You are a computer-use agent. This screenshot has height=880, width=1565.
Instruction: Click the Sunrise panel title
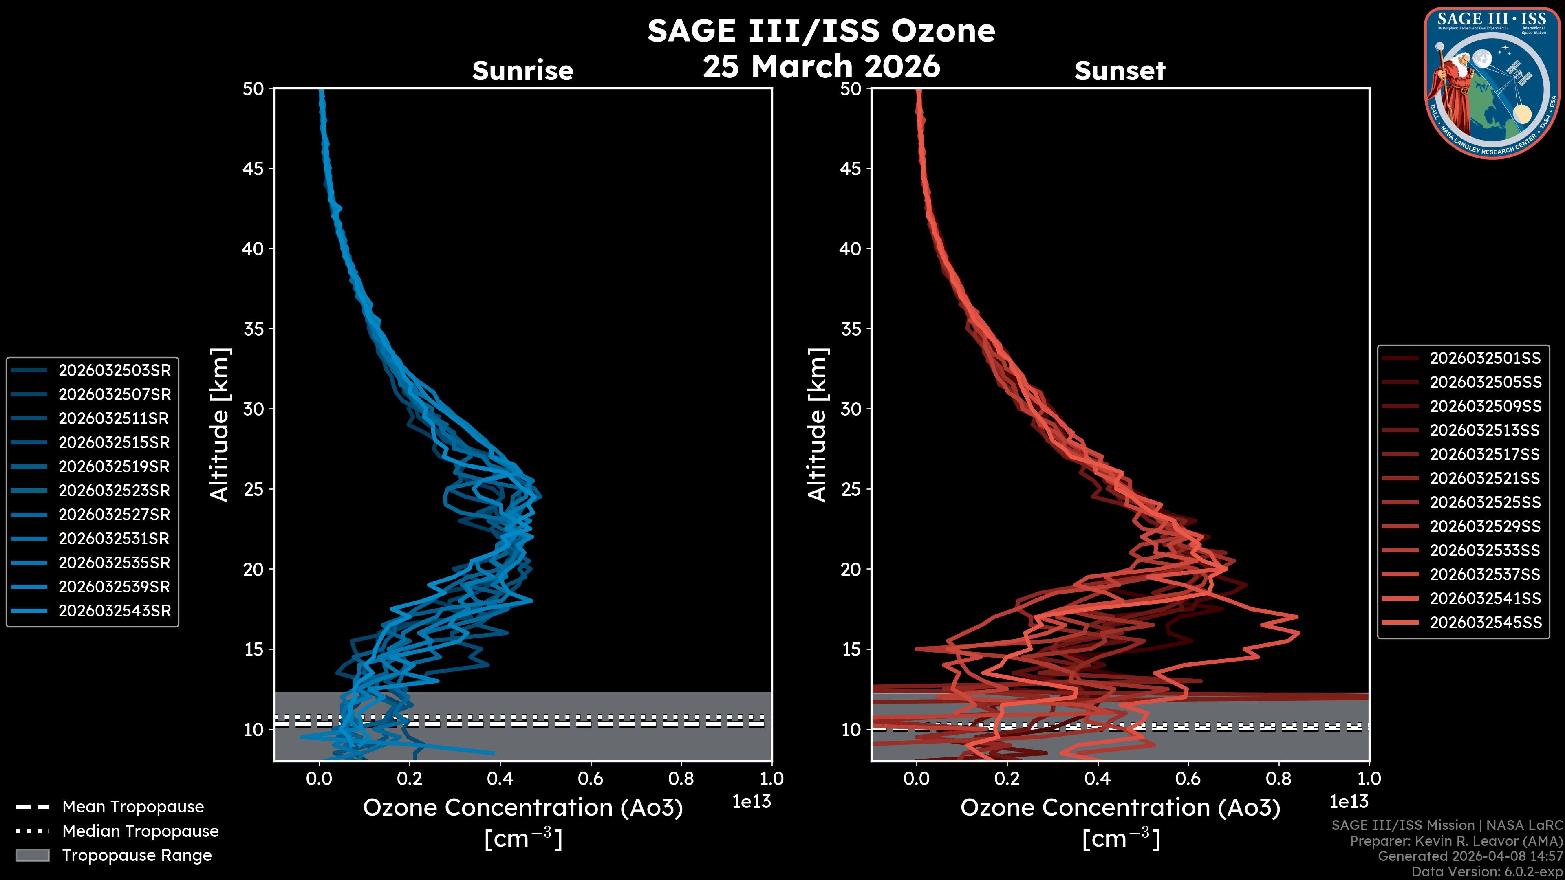coord(522,70)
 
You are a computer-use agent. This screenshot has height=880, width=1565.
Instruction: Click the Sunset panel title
coord(1119,70)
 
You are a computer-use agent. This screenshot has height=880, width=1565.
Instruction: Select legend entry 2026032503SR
coord(114,370)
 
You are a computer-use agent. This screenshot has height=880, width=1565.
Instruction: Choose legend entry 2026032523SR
coord(114,491)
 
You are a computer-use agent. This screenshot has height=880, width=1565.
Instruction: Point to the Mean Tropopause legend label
coord(132,807)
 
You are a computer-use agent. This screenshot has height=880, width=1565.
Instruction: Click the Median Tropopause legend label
coord(140,831)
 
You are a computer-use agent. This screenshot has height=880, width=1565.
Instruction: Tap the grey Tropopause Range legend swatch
coord(32,855)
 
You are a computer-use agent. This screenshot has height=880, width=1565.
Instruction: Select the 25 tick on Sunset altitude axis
coord(851,489)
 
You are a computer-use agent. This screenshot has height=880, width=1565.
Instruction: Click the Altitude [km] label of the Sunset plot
coord(817,425)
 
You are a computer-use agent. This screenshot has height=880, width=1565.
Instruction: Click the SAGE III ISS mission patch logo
coord(1491,83)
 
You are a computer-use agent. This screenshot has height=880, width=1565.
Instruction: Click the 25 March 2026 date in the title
coord(821,66)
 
